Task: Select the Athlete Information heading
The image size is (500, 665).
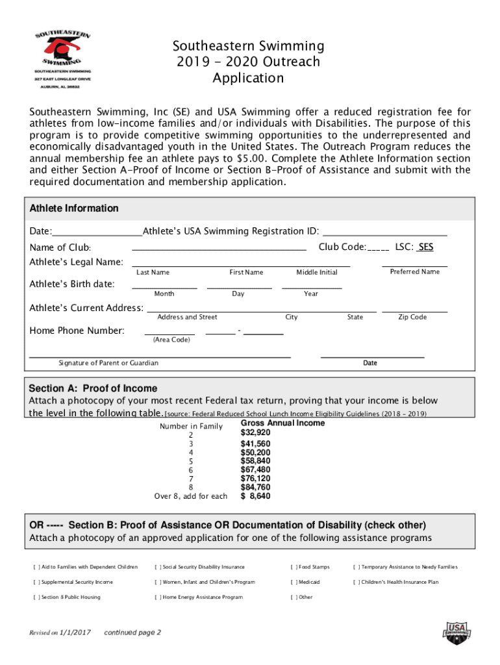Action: pos(74,208)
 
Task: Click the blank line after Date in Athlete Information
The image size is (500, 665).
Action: pos(97,232)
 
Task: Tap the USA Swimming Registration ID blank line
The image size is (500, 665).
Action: pos(384,232)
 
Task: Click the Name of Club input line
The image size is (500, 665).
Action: pos(219,248)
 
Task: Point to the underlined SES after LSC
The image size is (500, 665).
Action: pos(426,247)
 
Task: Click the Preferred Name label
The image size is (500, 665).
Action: pos(414,271)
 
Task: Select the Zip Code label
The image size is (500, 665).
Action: pos(412,317)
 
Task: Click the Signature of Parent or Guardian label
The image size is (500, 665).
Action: pos(108,363)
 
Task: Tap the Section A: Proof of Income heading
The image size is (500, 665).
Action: pos(93,388)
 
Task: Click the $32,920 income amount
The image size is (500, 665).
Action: pos(255,433)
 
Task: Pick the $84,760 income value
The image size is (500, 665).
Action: pos(255,487)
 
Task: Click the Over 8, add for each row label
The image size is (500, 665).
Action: pos(190,496)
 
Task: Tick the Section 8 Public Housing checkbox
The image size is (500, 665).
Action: pos(36,597)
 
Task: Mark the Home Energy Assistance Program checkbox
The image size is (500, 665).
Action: pos(158,597)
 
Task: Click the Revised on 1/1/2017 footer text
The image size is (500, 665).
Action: pos(58,633)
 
